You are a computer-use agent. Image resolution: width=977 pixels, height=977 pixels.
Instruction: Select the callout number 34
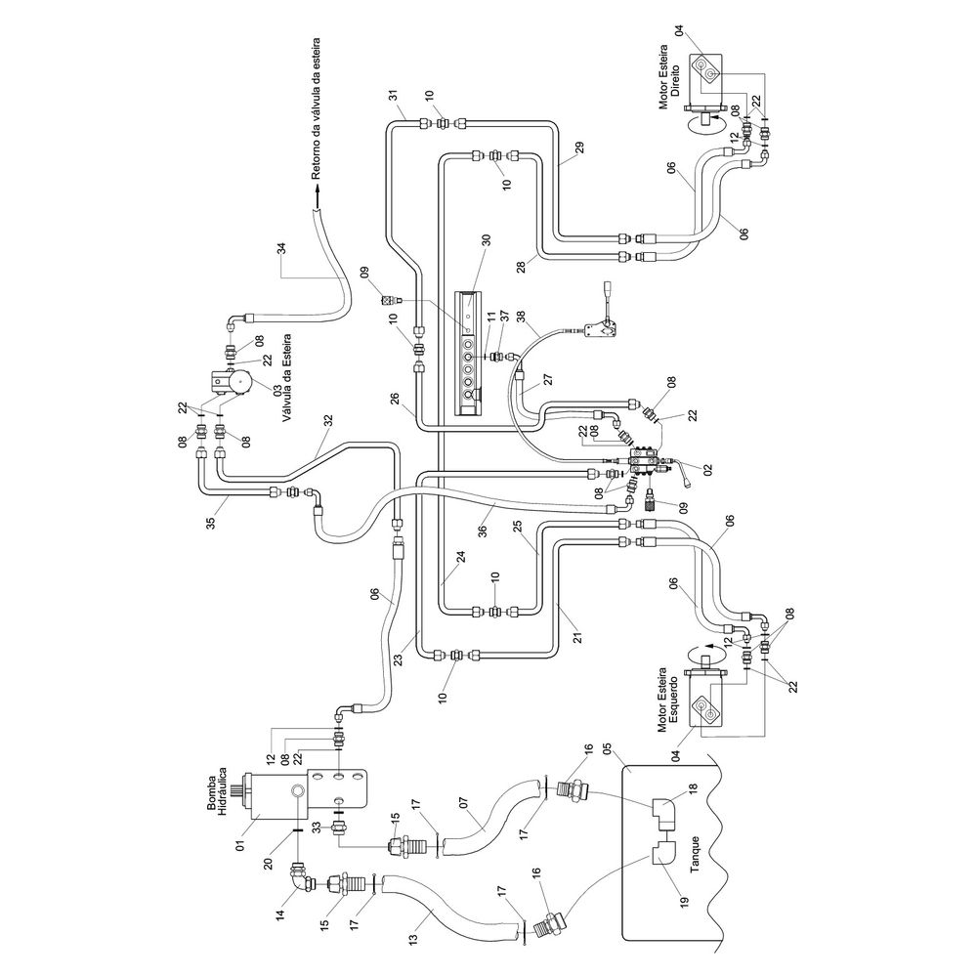pos(281,248)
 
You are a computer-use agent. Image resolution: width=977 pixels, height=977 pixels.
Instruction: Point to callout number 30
pos(486,241)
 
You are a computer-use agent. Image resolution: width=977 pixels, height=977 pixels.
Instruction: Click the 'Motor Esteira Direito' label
pos(669,76)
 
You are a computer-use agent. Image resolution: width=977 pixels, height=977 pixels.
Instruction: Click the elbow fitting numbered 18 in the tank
pos(663,810)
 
